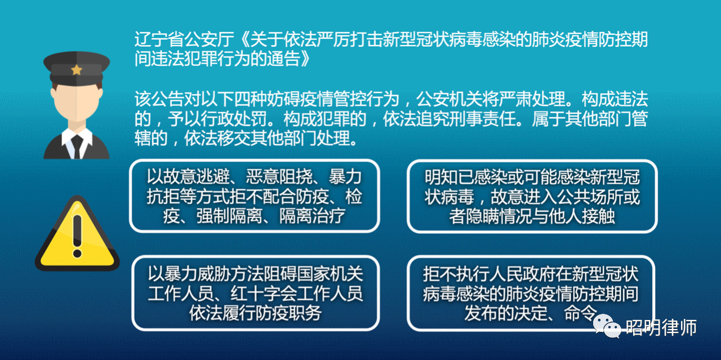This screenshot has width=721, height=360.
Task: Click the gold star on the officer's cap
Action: click(77, 69)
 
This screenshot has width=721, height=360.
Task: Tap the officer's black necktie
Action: click(77, 146)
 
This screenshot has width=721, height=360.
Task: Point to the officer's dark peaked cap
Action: click(77, 68)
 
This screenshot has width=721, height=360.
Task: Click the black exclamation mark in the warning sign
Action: click(77, 236)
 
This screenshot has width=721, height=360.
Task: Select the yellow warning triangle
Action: click(77, 233)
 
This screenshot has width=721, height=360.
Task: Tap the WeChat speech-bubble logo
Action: click(607, 326)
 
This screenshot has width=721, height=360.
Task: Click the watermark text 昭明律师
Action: click(661, 327)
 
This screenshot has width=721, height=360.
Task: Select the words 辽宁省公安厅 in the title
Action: click(184, 39)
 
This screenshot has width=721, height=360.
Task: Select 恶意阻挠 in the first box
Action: click(279, 177)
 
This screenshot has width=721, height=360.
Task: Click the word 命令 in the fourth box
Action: click(580, 313)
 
